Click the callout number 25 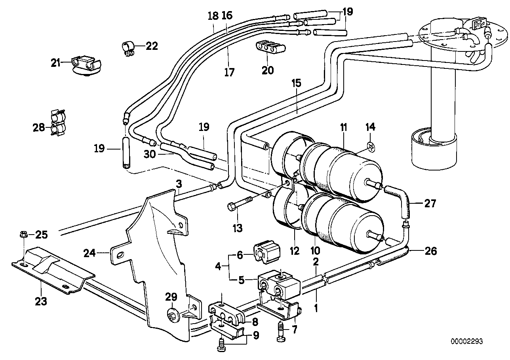41,235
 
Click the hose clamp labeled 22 128,47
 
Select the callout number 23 41,301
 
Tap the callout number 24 91,252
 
